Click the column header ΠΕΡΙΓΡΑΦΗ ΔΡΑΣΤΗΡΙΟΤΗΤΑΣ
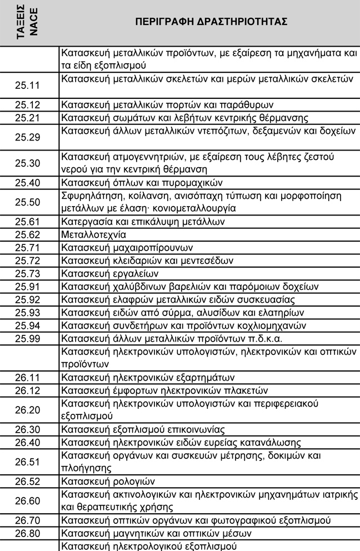point(211,22)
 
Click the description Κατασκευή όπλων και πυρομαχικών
point(142,183)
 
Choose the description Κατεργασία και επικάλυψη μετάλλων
point(143,222)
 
